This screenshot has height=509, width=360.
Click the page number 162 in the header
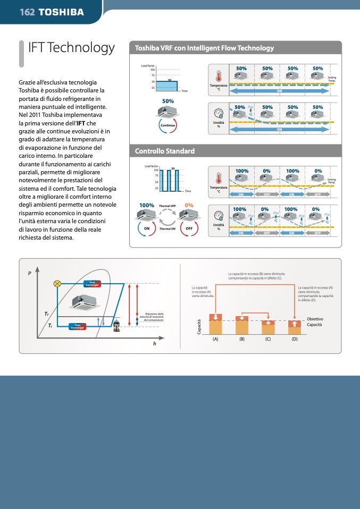pos(27,12)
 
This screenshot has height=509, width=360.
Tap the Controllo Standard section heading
pos(165,151)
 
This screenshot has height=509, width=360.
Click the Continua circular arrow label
pos(168,125)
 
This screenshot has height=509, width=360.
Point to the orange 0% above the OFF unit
pos(189,205)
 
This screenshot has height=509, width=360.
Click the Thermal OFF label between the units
pos(168,206)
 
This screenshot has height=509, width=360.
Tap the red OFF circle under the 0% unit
pos(189,228)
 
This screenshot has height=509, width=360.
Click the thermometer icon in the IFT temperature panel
pos(219,76)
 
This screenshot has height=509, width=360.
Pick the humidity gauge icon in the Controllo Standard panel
pos(219,216)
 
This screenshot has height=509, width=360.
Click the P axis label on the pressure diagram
pos(30,274)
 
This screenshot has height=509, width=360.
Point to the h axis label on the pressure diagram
pos(154,344)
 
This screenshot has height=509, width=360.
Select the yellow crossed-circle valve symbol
pos(57,284)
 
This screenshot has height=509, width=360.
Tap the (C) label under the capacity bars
pos(268,338)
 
